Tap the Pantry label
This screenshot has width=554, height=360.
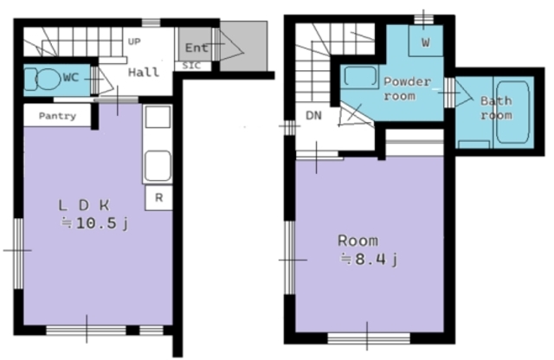click(57, 116)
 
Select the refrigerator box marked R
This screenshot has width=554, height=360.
click(158, 198)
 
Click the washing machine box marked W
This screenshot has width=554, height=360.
click(425, 41)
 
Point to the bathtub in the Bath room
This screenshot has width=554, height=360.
click(512, 112)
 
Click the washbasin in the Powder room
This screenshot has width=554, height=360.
click(360, 76)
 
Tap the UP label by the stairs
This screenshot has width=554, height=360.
click(134, 42)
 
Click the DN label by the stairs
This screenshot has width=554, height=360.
click(313, 115)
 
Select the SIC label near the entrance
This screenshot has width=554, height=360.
click(191, 66)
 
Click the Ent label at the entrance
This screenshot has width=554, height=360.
click(196, 48)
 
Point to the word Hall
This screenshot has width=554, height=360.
click(144, 73)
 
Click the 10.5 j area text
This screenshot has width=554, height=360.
click(94, 223)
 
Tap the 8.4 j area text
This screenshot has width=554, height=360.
click(370, 260)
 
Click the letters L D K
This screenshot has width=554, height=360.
click(84, 205)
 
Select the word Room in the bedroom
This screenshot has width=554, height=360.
click(358, 241)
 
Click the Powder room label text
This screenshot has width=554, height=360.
click(407, 88)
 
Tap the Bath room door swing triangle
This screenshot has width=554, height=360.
click(464, 93)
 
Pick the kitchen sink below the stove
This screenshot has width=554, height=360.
click(158, 166)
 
